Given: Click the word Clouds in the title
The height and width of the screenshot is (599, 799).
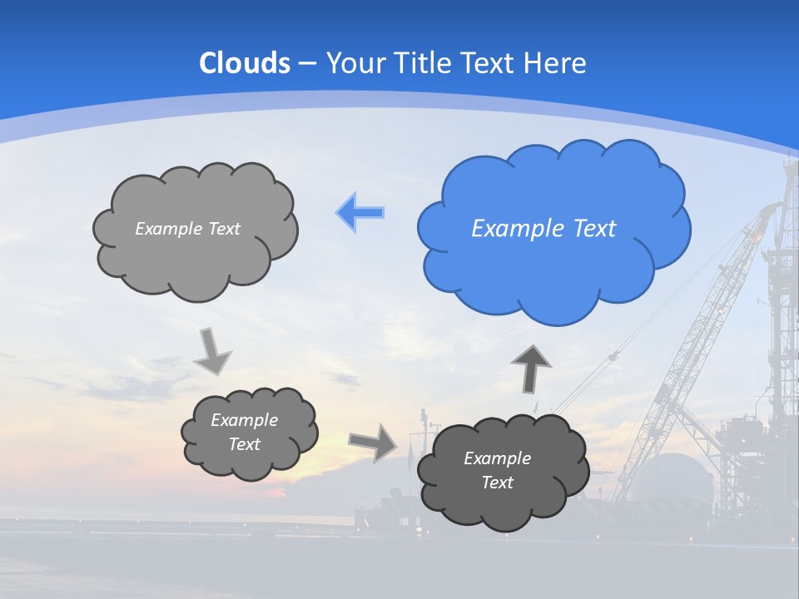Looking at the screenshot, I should [245, 63].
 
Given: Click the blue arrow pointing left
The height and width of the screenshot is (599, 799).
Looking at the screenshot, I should [360, 212].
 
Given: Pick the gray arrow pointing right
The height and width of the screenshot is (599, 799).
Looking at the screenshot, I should [374, 443].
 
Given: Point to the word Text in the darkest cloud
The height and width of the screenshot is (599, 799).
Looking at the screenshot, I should [497, 483].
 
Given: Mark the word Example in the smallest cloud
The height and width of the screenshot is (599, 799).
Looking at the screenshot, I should [244, 420].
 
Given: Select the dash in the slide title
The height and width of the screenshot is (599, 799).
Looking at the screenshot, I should [307, 64].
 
